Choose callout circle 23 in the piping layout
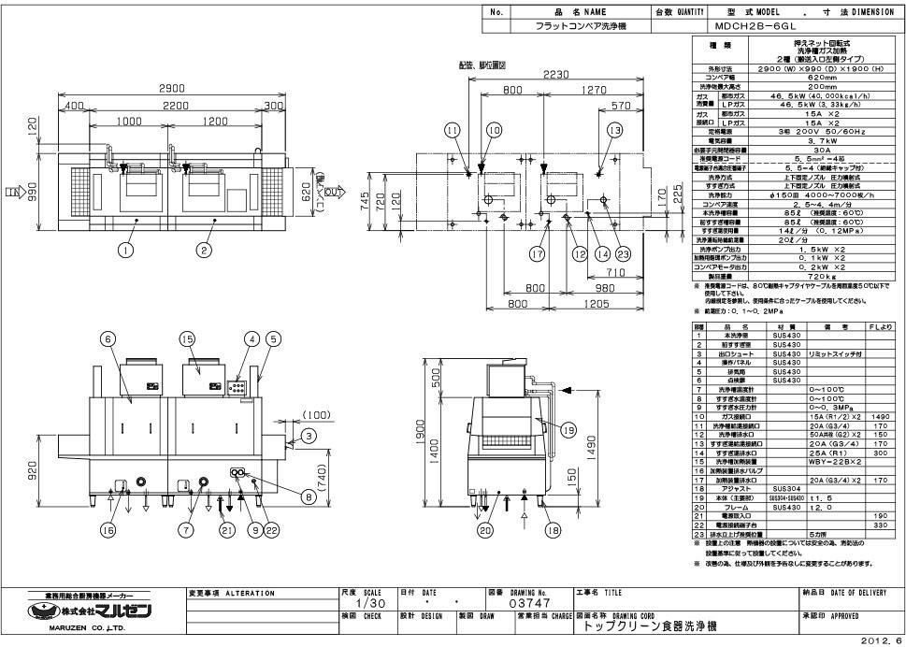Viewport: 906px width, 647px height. click(x=624, y=252)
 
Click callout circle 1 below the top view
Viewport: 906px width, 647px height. click(x=124, y=249)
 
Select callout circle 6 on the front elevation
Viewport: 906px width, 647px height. click(x=108, y=338)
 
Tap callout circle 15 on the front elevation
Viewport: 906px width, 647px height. click(x=187, y=338)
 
